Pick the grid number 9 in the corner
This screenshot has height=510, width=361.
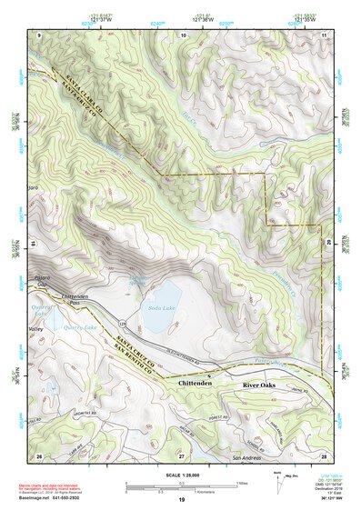[39, 34]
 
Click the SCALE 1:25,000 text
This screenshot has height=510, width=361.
[180, 474]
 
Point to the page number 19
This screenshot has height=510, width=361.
[181, 501]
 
